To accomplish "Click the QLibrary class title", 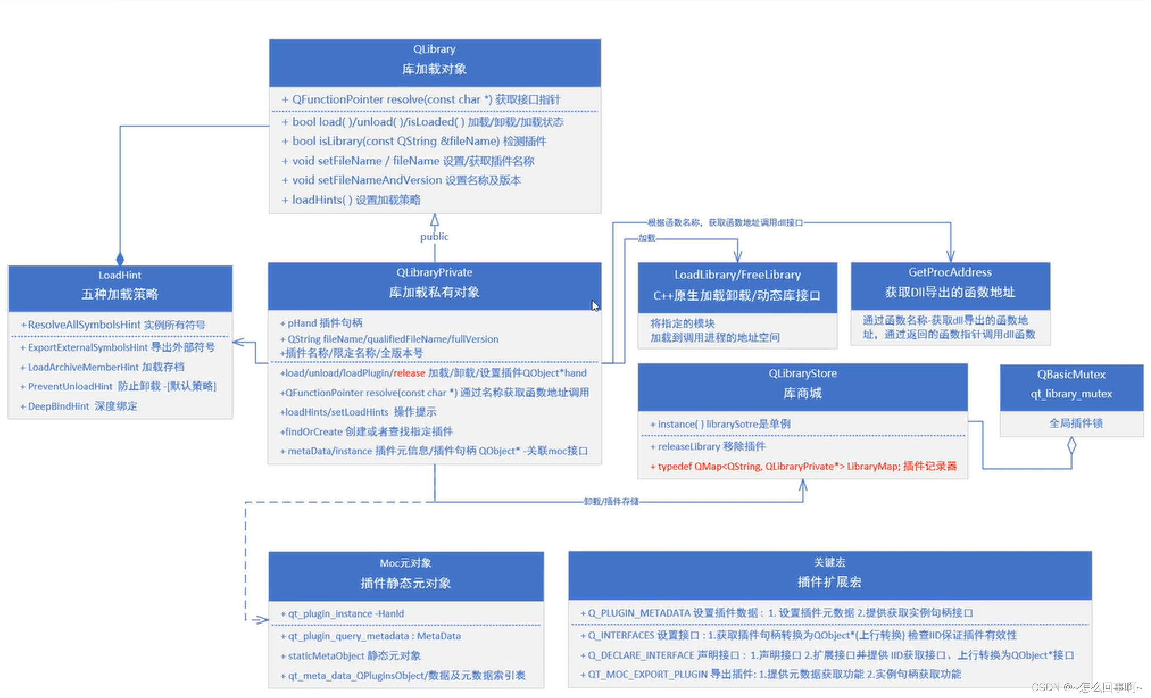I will coord(434,49).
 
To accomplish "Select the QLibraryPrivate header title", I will coord(434,273).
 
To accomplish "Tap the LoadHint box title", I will coord(120,276).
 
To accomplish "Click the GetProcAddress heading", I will coord(950,273).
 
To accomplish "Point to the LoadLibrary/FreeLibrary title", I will coord(737,275).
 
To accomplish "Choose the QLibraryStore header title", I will coord(803,374).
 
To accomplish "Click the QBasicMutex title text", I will coord(1071,375).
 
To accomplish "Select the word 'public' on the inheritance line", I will coord(434,237).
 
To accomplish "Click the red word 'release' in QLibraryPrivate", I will coord(409,373).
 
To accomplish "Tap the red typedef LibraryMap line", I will coord(803,467).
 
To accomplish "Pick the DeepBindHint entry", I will coord(80,406).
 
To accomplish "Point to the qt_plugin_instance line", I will coord(343,614).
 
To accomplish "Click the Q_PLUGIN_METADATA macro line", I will coord(776,613).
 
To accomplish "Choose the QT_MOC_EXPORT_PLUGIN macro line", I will coord(771,675).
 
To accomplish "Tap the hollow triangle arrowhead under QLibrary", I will coord(435,220).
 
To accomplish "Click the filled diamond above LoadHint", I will coord(120,259).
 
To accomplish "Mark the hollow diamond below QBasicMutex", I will coord(1071,445).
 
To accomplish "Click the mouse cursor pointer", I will coord(594,306).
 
